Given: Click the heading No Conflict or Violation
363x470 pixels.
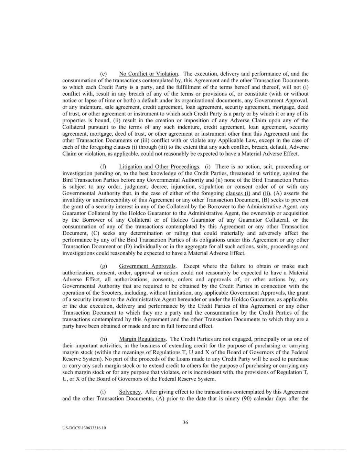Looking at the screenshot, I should (x=148, y=74).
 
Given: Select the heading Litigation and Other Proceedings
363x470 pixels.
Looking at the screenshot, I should (x=159, y=167).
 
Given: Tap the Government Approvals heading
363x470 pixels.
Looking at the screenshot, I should (x=147, y=266).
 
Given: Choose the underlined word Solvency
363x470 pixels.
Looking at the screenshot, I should (x=130, y=392).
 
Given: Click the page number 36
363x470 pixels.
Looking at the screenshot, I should (x=185, y=422).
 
